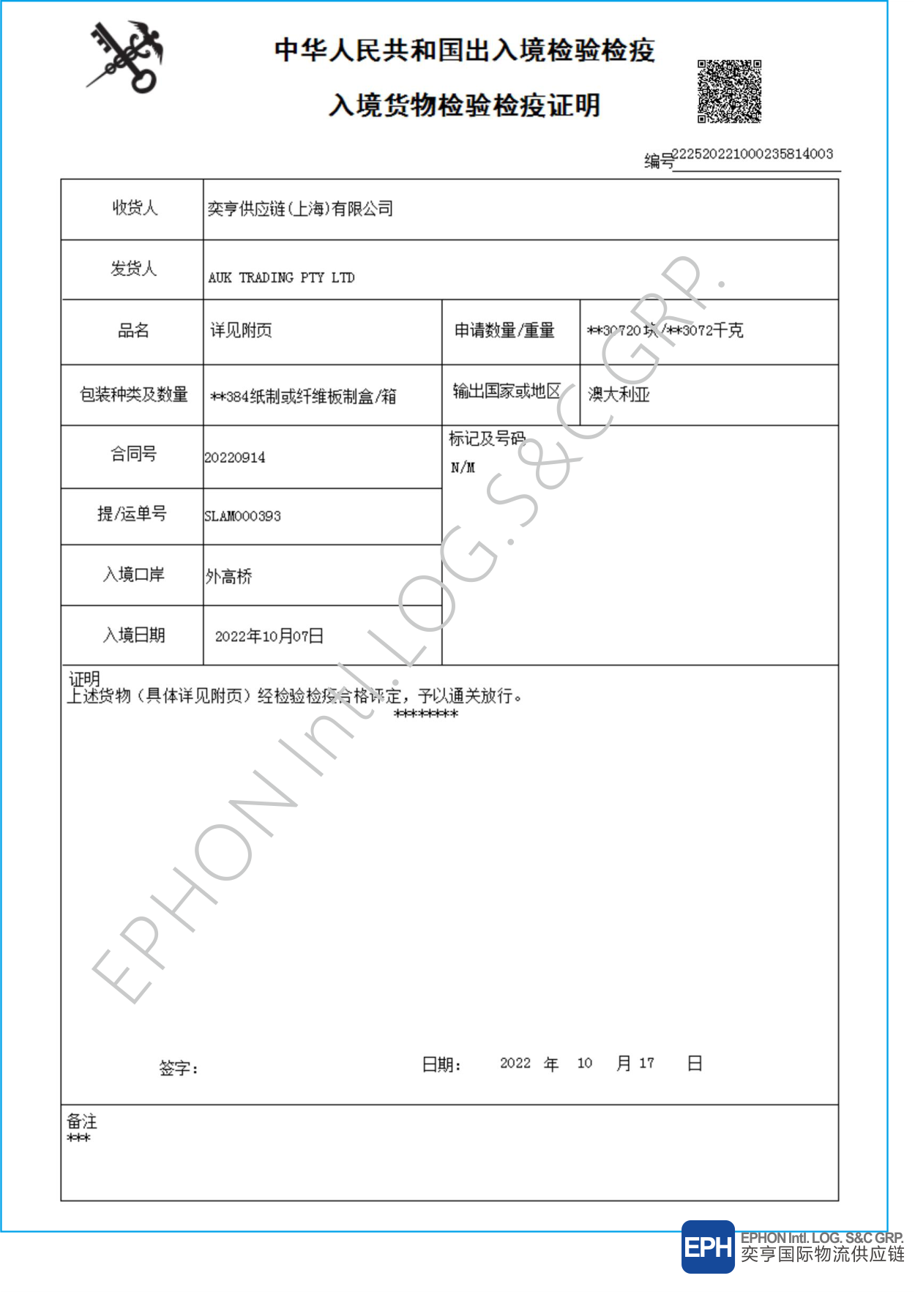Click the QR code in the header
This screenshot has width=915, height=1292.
729,92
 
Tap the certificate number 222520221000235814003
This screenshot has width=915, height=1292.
752,154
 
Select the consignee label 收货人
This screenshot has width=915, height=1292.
135,208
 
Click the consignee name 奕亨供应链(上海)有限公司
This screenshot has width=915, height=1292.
300,209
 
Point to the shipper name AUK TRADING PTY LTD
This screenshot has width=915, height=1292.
281,277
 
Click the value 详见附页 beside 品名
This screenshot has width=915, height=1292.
241,330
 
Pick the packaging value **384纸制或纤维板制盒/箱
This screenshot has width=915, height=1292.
303,397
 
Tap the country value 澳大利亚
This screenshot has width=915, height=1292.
619,395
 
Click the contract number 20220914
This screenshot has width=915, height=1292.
235,458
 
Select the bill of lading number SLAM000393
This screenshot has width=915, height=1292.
242,516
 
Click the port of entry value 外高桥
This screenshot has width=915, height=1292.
229,577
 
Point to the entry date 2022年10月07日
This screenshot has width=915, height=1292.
269,636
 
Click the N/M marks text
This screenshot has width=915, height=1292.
463,467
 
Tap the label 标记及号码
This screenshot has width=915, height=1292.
487,438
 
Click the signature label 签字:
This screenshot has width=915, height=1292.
179,1068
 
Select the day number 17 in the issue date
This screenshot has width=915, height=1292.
646,1063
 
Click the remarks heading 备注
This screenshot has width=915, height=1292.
81,1121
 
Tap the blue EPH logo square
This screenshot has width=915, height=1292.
707,1247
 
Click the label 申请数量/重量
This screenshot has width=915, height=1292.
504,331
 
